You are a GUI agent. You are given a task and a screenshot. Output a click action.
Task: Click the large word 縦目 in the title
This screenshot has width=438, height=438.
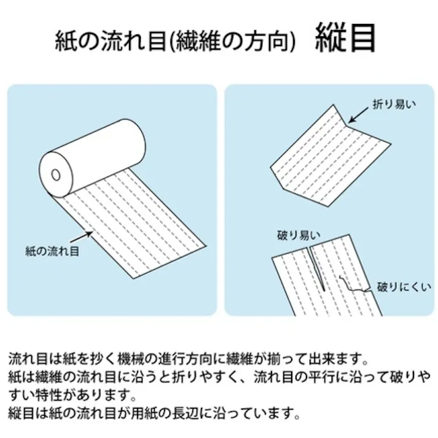(x=345, y=38)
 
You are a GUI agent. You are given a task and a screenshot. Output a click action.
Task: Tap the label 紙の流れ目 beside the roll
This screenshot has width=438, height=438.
(x=52, y=251)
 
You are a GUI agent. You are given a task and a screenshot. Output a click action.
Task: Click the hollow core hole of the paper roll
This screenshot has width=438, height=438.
(x=56, y=175)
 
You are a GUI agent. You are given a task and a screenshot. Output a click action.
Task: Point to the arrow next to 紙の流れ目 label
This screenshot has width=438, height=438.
(x=81, y=237)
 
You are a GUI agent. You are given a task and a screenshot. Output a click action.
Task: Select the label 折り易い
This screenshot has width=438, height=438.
(x=394, y=104)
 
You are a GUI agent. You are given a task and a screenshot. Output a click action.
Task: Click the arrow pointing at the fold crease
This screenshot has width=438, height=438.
(x=358, y=115)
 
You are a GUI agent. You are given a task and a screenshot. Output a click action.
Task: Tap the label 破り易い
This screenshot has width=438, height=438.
(x=299, y=235)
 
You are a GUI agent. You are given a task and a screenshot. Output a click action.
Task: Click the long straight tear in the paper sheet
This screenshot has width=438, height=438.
(x=316, y=268)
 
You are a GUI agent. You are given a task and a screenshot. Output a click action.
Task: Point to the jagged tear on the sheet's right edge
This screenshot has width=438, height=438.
(x=354, y=284)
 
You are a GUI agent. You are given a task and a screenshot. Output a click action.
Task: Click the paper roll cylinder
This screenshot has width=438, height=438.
(x=92, y=158)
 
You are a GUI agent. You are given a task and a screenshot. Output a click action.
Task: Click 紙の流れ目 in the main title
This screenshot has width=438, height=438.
(x=111, y=41)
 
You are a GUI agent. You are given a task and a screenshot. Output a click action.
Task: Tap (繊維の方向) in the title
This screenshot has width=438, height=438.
(x=232, y=41)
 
